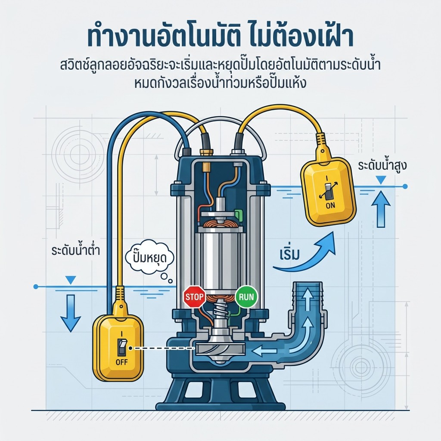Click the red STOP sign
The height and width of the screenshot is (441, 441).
pos(194,297)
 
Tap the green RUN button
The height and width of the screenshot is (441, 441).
pos(246,297)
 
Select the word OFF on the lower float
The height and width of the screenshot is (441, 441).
pos(121,362)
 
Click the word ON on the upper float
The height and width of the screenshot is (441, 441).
pos(330,205)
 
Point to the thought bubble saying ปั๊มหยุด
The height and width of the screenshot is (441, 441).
pos(149,258)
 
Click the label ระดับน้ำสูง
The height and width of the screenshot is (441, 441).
pos(382,165)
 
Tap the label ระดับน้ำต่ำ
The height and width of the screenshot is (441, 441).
pos(76,250)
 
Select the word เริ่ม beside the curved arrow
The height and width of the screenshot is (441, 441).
pos(290,254)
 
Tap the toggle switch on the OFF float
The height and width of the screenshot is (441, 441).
pos(122,347)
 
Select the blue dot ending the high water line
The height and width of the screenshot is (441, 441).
pos(405,186)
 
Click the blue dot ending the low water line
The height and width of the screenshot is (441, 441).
pos(35,286)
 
